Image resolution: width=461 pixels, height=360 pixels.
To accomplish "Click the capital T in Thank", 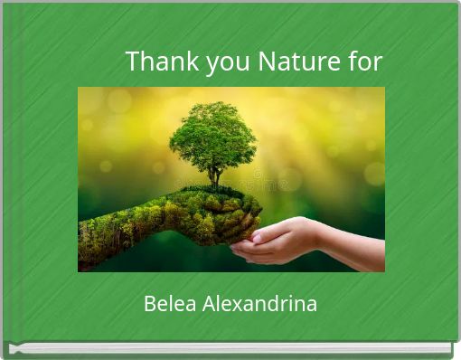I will click(x=133, y=62).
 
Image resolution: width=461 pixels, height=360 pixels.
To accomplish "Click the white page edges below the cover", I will click(x=230, y=348).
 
